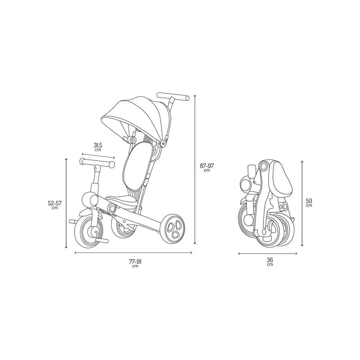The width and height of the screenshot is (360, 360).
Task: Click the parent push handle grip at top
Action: (x=173, y=97)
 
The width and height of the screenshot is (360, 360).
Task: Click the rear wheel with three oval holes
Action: (x=174, y=229)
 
